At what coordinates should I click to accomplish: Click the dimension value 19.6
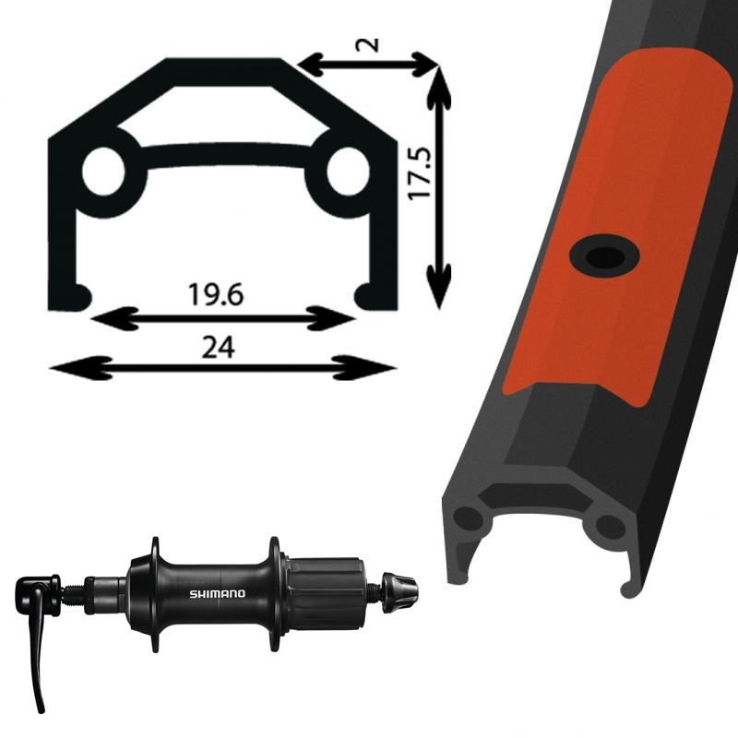click(216, 294)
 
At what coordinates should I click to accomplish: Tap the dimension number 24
click(218, 348)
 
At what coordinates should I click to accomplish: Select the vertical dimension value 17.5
click(420, 173)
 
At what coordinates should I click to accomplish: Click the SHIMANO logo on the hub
click(218, 593)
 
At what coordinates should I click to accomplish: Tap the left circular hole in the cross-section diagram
click(103, 172)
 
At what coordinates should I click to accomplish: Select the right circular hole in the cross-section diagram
click(349, 172)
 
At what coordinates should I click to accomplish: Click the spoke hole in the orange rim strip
click(604, 256)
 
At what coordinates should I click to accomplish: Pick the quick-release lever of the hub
click(36, 636)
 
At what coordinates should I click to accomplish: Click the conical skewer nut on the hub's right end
click(399, 592)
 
